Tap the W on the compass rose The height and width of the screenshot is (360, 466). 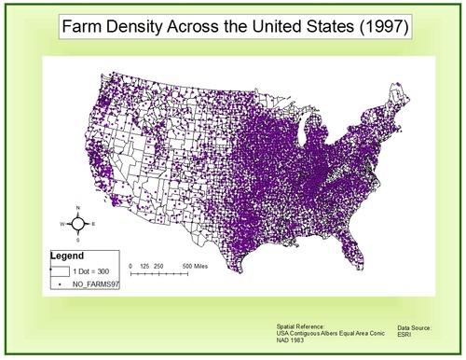point(62,224)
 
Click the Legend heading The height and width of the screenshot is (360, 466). point(68,254)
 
